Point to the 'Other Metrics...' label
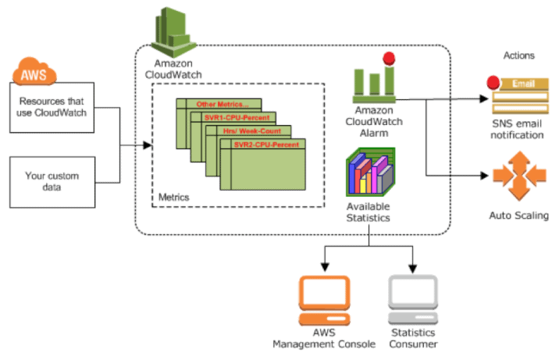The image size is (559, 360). point(222,104)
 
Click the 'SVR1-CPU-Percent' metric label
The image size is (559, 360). point(237,117)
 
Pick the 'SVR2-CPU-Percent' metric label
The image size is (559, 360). point(266,144)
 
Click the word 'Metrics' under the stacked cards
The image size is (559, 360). point(173,198)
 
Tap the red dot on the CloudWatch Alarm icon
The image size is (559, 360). point(388,57)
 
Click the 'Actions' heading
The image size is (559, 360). point(518,56)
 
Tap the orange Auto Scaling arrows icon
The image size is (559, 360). point(518,176)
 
